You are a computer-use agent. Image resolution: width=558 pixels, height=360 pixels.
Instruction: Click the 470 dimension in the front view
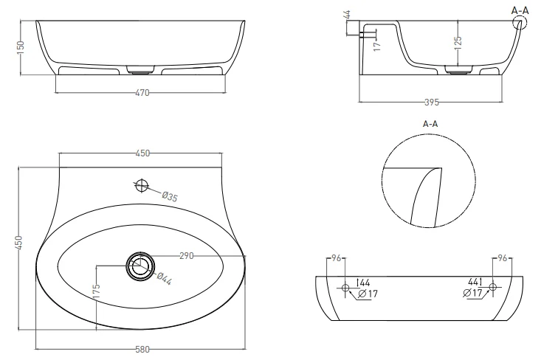tap(142, 93)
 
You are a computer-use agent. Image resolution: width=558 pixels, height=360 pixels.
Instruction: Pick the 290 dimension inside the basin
tap(185, 256)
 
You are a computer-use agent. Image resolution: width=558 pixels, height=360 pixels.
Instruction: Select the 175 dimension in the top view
tap(97, 291)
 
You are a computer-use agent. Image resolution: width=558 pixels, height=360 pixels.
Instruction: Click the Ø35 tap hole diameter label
tap(170, 196)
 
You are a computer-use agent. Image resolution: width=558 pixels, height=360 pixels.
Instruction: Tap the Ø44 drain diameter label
tap(165, 280)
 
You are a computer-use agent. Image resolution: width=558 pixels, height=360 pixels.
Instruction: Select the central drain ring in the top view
tap(139, 265)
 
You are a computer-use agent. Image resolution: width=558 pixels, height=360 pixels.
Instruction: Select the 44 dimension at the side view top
tap(347, 14)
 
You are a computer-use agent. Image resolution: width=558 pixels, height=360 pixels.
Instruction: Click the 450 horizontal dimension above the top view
tap(142, 153)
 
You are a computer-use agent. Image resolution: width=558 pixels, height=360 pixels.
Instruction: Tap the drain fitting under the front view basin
tap(140, 71)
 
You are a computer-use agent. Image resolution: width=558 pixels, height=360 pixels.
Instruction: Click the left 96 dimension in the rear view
tap(335, 259)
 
